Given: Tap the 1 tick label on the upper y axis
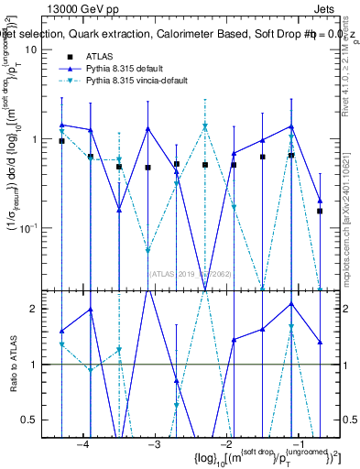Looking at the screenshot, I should click(x=46, y=139).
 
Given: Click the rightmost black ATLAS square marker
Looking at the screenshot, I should click(x=320, y=211).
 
